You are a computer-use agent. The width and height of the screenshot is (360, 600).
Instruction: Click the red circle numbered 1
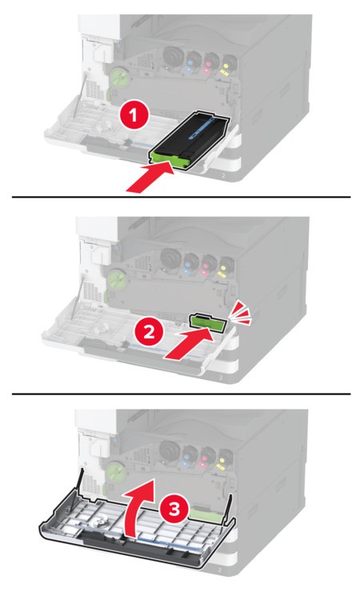coord(133,115)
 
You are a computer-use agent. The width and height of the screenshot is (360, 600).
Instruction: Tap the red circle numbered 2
coord(149,332)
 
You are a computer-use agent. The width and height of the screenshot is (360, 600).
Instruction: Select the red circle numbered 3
coord(174,510)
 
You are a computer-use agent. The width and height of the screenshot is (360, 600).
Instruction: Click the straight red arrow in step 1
coord(150,177)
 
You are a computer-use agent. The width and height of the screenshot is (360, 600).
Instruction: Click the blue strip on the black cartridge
coord(206,129)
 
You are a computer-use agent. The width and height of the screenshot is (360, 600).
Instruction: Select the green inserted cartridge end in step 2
coord(209,322)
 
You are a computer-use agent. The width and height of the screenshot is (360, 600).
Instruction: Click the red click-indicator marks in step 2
coord(241,312)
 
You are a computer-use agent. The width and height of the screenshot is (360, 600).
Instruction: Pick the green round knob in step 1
coord(119,78)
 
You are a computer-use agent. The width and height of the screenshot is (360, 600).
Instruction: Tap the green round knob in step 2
coord(116,279)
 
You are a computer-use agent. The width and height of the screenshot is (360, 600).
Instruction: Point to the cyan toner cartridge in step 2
coord(190,264)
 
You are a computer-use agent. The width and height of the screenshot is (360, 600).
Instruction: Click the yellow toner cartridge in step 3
coord(226,459)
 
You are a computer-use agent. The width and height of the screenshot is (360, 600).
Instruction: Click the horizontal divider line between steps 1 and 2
coord(182,197)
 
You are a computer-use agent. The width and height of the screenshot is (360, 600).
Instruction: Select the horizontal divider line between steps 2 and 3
coord(182,394)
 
